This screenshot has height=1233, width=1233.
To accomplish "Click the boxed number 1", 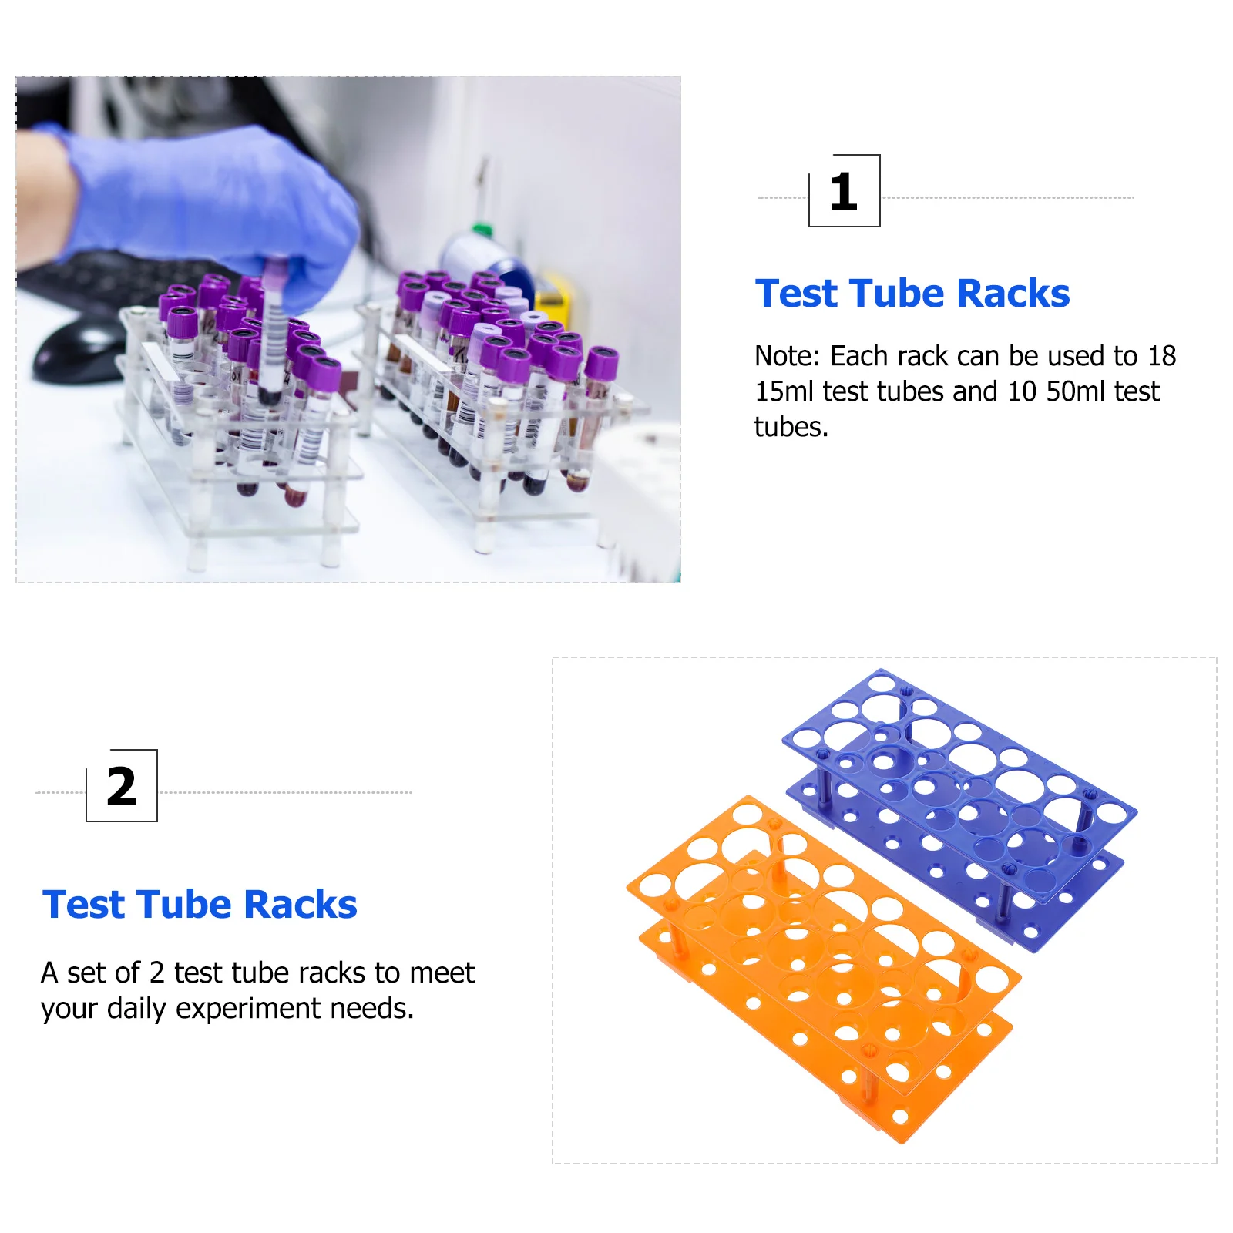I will tap(844, 191).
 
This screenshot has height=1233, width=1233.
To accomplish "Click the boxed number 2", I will tap(122, 786).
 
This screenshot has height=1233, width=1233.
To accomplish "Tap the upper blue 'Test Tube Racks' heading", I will tap(912, 294).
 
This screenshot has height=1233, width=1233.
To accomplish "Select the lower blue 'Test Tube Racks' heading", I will tap(200, 905).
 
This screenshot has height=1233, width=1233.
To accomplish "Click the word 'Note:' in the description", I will tap(787, 356).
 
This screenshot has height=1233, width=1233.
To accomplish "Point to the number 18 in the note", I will tap(1161, 356).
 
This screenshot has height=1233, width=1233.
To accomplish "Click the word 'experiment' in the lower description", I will tap(247, 1008).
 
